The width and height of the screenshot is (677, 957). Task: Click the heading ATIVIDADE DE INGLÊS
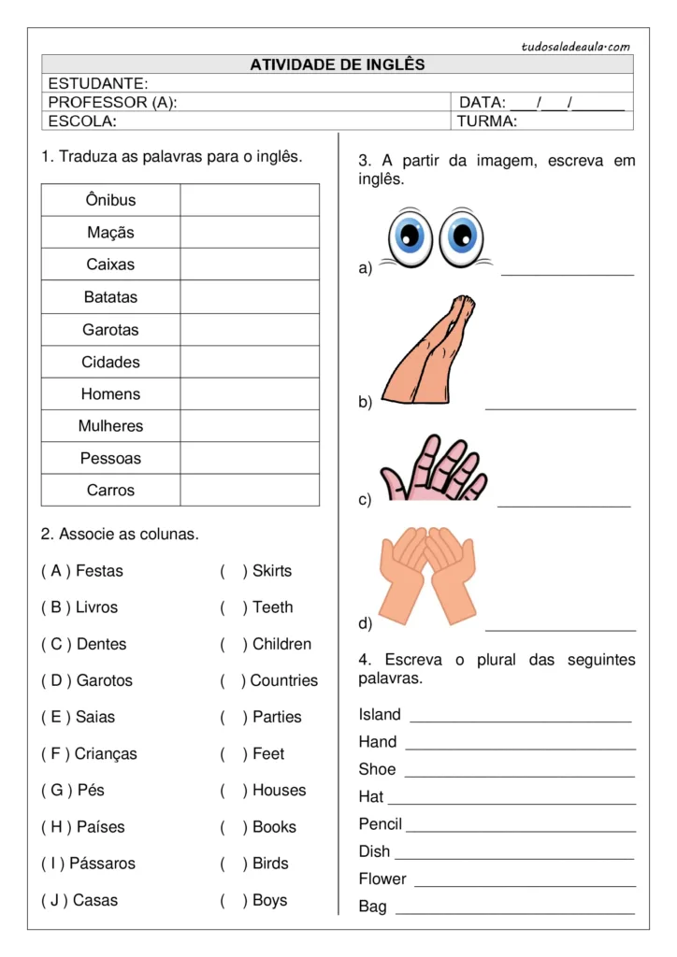coord(337,64)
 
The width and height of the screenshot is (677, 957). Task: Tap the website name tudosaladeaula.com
coord(576,46)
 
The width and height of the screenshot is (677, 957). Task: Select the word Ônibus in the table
coord(110,200)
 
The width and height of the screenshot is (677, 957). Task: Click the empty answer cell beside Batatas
coord(249,297)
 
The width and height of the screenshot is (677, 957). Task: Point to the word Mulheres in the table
coord(110,426)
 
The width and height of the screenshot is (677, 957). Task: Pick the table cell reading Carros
coord(110,491)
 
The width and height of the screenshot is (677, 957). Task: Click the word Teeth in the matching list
coord(272,607)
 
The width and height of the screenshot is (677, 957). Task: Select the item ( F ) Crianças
coord(89,754)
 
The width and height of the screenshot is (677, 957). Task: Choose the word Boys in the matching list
coord(269,901)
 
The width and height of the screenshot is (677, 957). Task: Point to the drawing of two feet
coord(429,350)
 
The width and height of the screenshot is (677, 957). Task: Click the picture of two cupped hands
coord(427,573)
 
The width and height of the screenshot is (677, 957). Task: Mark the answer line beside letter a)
coord(567,273)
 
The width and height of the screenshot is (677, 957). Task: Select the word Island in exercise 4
coord(380,715)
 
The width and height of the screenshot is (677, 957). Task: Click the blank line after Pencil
coord(520,831)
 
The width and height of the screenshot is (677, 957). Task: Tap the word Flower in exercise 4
coord(382,879)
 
